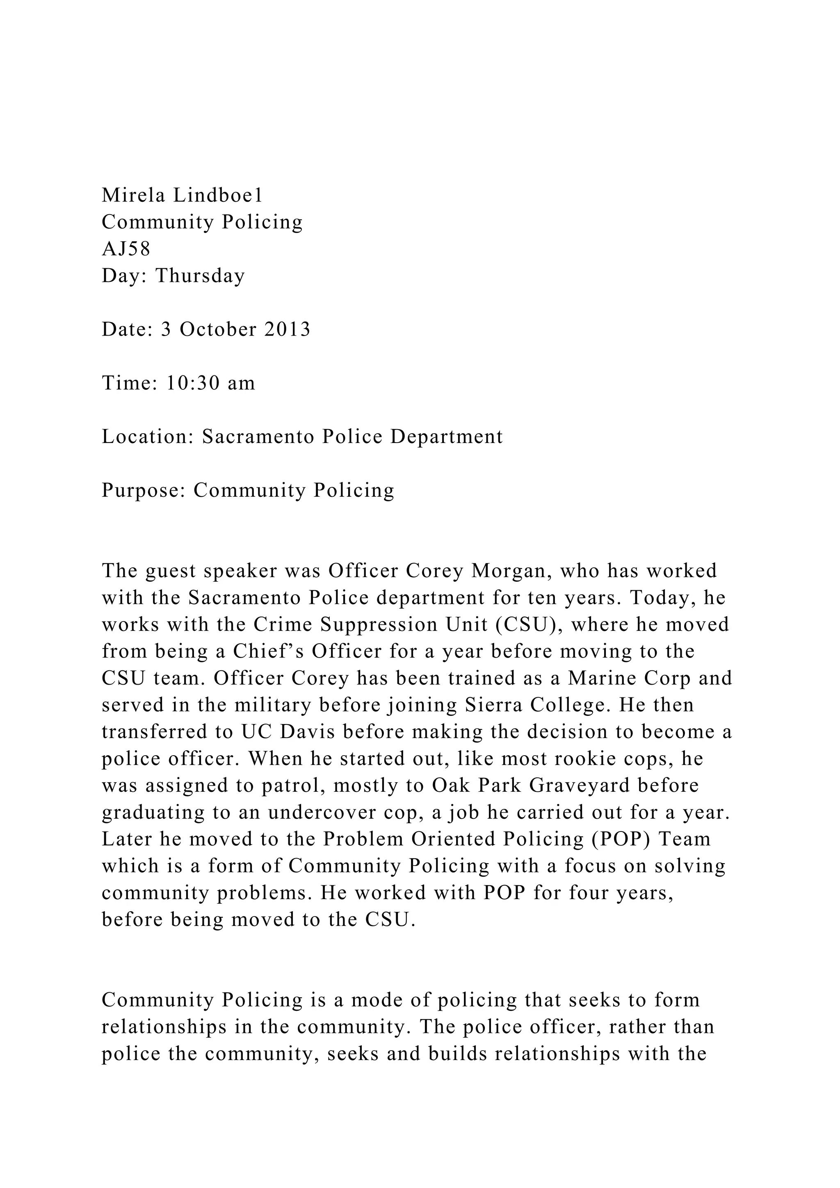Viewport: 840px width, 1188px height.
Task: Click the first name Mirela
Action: [x=133, y=196]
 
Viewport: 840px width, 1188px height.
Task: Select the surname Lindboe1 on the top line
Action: [x=218, y=196]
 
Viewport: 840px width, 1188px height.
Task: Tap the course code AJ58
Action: [x=126, y=249]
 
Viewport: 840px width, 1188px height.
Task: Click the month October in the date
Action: [x=218, y=329]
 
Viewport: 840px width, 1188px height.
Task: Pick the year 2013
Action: [x=287, y=329]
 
